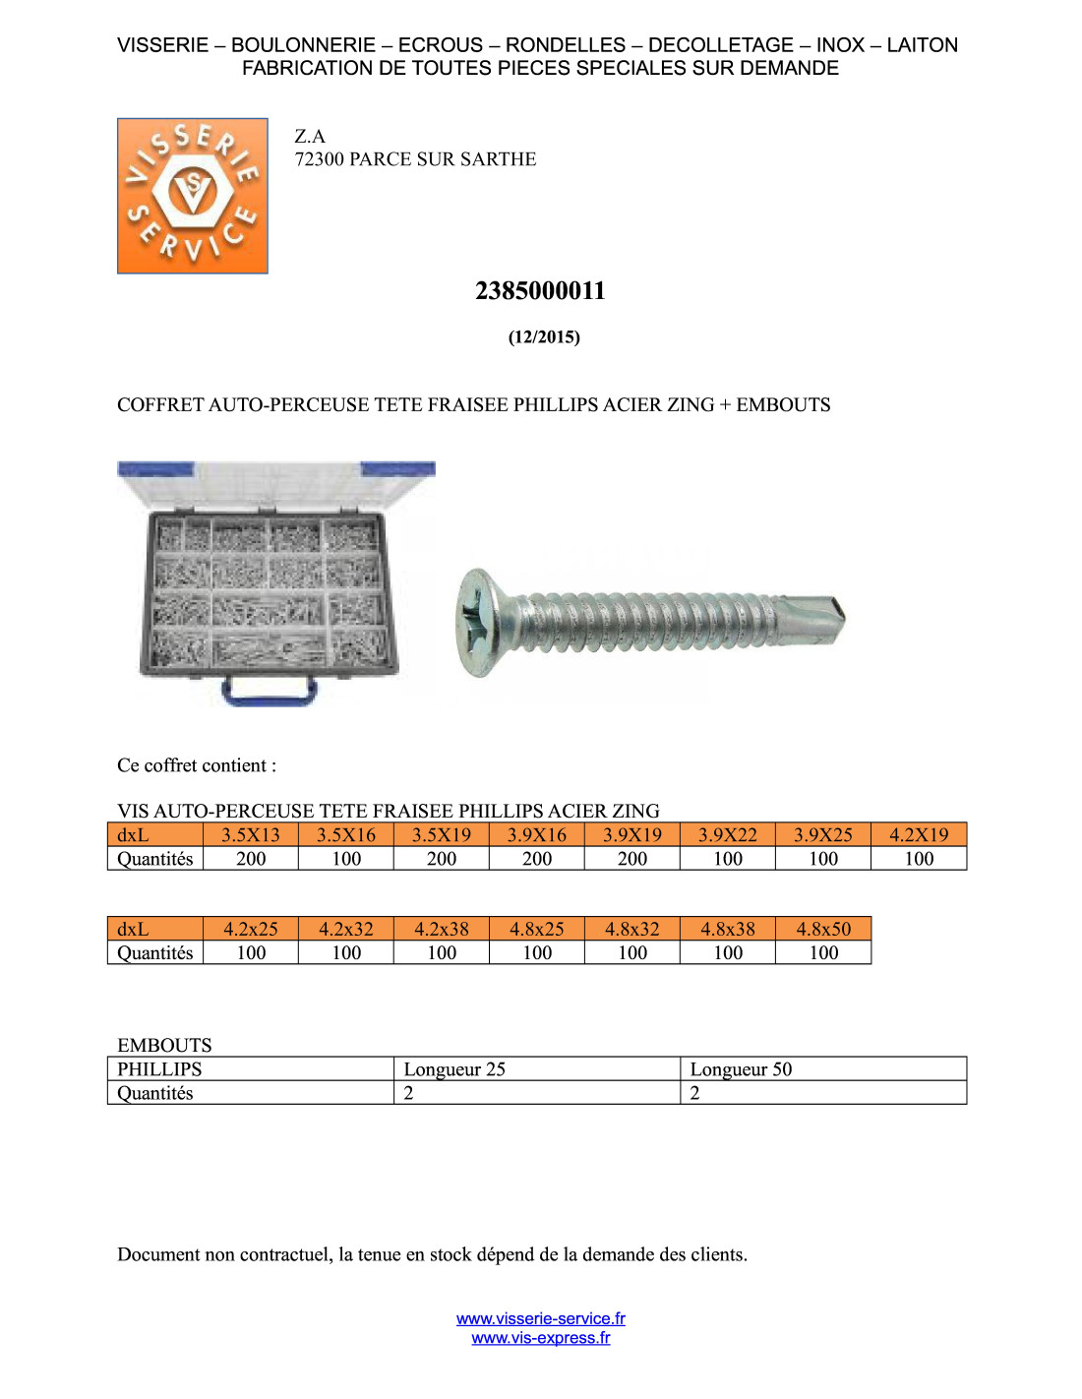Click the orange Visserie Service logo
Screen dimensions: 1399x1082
pos(193,196)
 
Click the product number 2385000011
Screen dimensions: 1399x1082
pos(540,291)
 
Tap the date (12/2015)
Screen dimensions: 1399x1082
pos(544,337)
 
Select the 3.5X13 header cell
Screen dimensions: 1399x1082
pos(251,835)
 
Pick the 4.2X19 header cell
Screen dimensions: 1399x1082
pos(919,835)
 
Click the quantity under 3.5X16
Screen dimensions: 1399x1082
pos(346,859)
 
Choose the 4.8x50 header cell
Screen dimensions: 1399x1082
pos(823,929)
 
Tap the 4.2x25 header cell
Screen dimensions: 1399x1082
pos(251,929)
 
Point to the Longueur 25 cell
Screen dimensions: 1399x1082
pos(536,1069)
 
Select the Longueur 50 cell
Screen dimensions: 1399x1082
pos(822,1069)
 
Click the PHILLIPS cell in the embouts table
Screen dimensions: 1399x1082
pos(250,1069)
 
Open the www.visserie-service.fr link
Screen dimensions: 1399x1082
pos(541,1318)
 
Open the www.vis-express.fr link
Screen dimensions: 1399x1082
pos(541,1338)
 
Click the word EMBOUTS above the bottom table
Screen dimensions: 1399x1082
pos(164,1045)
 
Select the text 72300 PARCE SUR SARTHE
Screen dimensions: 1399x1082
pos(415,159)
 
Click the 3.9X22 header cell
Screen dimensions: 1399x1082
pos(728,835)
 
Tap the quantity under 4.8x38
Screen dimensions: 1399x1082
pos(728,952)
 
